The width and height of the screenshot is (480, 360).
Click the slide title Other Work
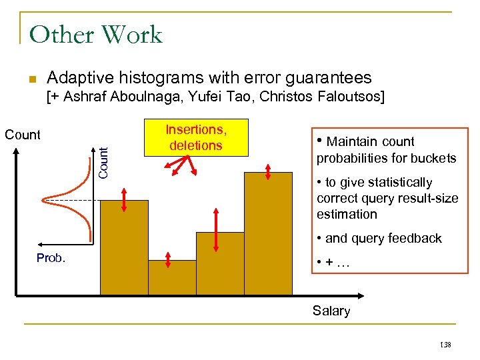point(96,35)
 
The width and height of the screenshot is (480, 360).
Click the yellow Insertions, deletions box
point(195,137)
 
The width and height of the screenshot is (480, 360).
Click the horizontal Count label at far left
point(23,135)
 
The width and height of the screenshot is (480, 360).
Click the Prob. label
point(51,258)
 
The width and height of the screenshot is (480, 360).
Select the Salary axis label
point(331,311)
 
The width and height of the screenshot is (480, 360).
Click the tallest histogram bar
point(268,233)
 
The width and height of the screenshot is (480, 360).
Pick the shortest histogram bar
point(172,277)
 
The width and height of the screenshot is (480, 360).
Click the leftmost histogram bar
point(124,247)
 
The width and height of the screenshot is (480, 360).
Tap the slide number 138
point(446,345)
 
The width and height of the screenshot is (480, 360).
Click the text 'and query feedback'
point(383,239)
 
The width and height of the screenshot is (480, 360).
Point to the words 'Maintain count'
point(371,141)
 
